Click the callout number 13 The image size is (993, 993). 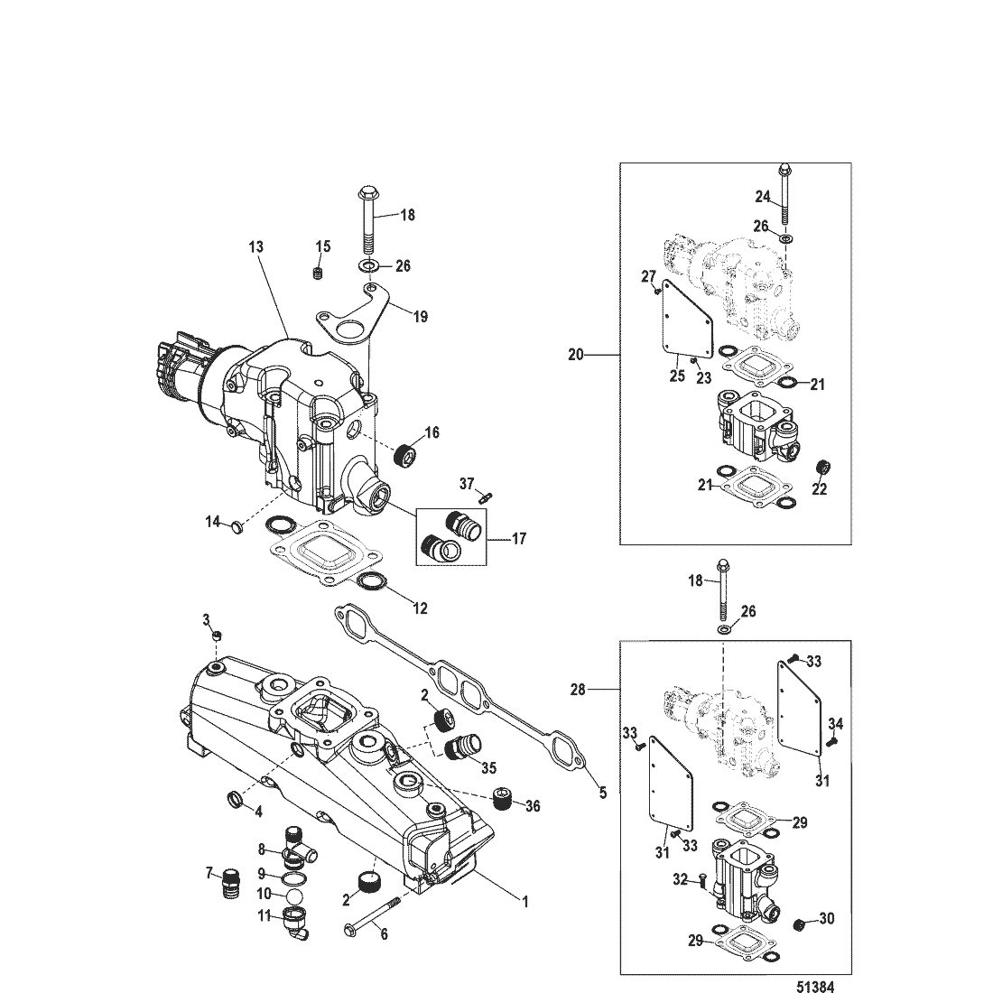255,247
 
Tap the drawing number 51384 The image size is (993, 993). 815,986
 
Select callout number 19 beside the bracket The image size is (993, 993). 421,316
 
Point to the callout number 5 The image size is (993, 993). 603,793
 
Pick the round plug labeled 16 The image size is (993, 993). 403,455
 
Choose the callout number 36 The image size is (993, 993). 533,806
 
